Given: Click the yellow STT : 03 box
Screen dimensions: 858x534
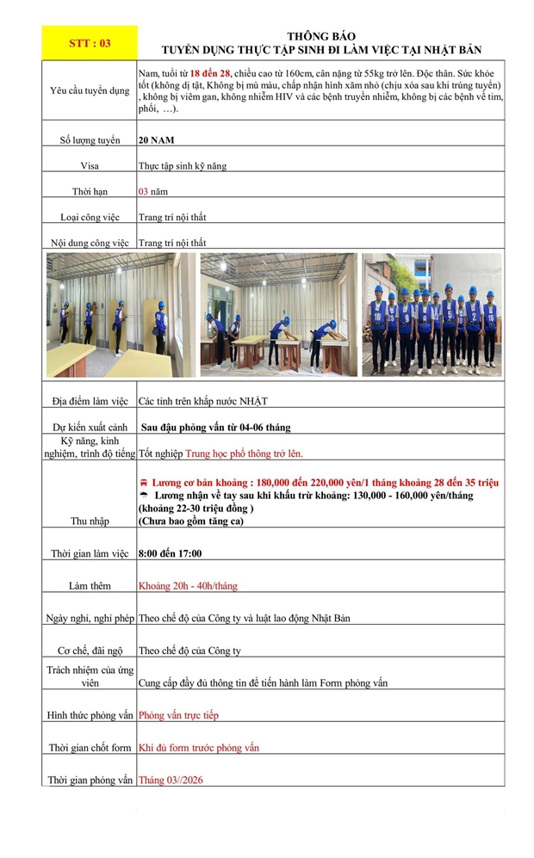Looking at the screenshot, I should [90, 43].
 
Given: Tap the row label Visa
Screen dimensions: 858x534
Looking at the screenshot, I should [90, 165].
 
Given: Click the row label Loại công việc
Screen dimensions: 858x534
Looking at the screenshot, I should [90, 217].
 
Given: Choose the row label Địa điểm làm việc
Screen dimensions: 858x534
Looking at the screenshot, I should [90, 401].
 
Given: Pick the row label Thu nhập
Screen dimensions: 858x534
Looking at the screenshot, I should [90, 521].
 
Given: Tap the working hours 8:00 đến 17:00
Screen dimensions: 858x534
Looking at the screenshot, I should [171, 552].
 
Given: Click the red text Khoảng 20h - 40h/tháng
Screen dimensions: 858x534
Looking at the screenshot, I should [188, 585].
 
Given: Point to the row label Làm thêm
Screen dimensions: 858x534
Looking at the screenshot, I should [90, 585].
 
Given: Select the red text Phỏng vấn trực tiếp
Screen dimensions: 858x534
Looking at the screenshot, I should [179, 715].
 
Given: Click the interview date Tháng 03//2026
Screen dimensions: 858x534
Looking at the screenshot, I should [171, 780].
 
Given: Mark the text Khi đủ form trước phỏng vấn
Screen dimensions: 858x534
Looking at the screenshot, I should [199, 747].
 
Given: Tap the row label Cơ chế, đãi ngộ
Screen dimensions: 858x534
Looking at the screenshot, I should [90, 651].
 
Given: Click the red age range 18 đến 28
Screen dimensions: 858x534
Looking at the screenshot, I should [212, 73].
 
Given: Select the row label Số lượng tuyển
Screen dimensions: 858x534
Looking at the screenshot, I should [90, 139].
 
